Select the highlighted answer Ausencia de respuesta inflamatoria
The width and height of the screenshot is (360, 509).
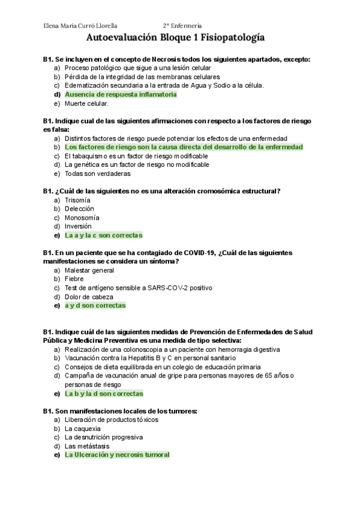121,94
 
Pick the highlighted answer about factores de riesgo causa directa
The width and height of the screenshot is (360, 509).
184,147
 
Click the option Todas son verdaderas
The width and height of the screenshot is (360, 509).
97,173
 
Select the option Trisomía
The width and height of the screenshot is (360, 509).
77,200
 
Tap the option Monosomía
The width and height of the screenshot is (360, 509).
82,217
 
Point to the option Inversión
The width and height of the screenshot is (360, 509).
79,226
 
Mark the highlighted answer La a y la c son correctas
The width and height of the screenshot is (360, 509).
103,235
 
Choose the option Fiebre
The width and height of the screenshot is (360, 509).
74,279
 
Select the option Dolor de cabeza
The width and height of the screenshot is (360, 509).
89,297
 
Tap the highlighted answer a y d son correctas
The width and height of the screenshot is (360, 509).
95,306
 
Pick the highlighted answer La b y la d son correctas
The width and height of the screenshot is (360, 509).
104,394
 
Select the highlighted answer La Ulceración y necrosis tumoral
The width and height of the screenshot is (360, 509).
117,455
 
